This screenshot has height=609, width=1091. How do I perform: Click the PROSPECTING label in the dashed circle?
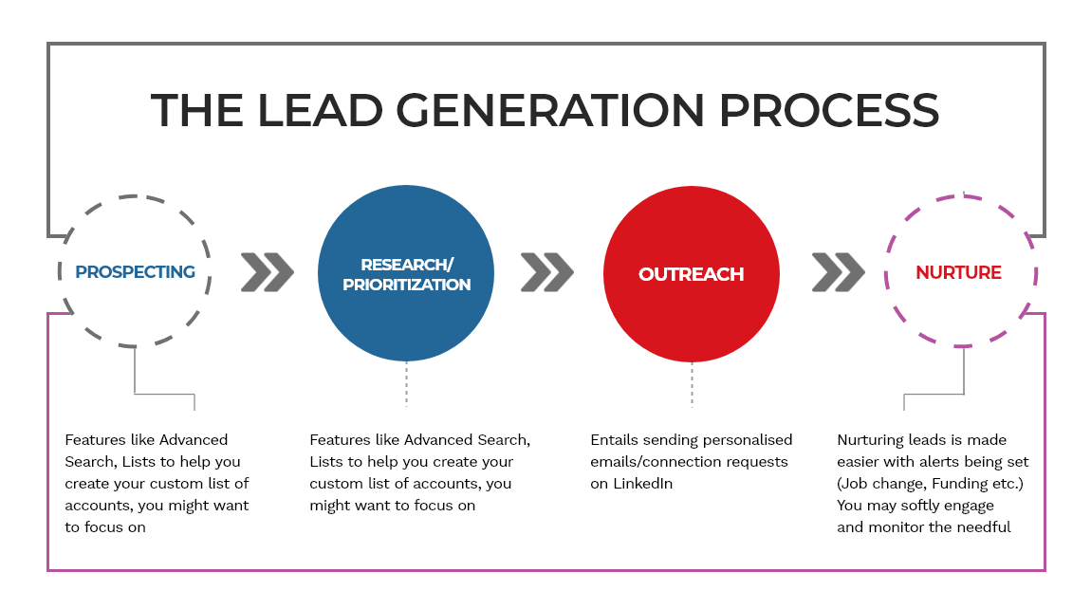pyautogui.click(x=135, y=272)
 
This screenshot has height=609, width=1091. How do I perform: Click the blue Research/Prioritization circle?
pyautogui.click(x=406, y=273)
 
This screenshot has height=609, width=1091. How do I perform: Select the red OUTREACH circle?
pyautogui.click(x=692, y=273)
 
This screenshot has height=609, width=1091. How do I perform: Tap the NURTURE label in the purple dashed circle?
pyautogui.click(x=958, y=272)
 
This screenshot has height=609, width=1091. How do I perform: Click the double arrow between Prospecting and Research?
pyautogui.click(x=268, y=272)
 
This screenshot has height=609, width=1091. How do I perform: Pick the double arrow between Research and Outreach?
pyautogui.click(x=546, y=272)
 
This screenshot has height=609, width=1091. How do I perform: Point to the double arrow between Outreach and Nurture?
pyautogui.click(x=839, y=272)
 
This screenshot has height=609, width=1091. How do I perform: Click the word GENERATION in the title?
pyautogui.click(x=551, y=111)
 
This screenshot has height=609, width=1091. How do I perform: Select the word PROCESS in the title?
pyautogui.click(x=829, y=111)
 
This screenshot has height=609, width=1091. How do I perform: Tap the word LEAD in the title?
pyautogui.click(x=320, y=111)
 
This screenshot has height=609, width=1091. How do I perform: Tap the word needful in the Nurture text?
pyautogui.click(x=984, y=526)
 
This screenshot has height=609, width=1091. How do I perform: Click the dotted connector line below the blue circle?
pyautogui.click(x=406, y=383)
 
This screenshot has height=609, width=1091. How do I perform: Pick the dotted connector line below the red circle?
pyautogui.click(x=692, y=385)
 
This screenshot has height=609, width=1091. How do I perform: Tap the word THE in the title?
pyautogui.click(x=197, y=111)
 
